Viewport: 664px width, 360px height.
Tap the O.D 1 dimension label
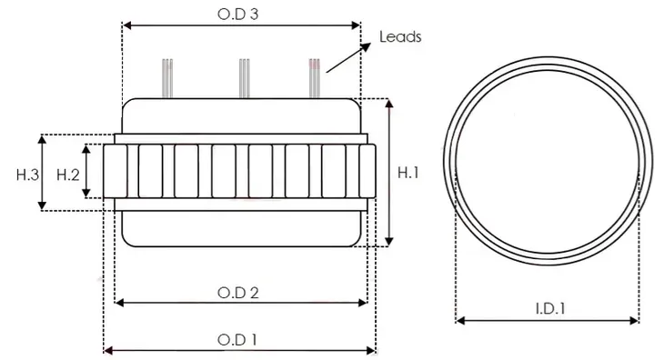[x=239, y=339]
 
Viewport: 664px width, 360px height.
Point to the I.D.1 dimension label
[x=547, y=308]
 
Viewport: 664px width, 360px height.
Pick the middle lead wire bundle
[x=243, y=77]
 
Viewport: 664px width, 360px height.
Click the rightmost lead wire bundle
[x=315, y=77]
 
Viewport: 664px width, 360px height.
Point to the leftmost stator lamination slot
[x=113, y=172]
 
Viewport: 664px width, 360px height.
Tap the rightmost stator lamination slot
[x=367, y=172]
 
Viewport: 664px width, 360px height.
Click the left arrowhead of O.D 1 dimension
[x=108, y=349]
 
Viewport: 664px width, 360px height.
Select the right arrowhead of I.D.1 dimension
[x=634, y=320]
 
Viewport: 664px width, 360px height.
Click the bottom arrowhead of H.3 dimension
[x=41, y=206]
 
